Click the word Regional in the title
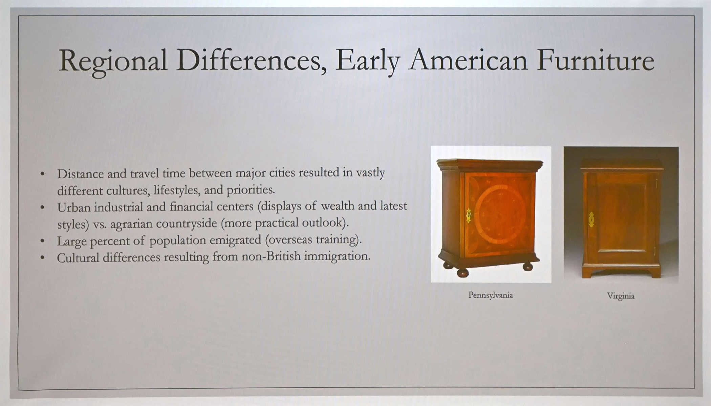point(113,62)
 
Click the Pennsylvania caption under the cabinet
point(491,295)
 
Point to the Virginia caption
point(621,296)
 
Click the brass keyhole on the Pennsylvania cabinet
point(469,216)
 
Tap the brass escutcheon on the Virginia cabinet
point(591,220)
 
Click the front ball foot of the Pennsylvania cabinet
point(462,272)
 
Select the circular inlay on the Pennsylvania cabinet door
point(500,214)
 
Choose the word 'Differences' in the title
point(251,61)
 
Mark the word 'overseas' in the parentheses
point(288,240)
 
